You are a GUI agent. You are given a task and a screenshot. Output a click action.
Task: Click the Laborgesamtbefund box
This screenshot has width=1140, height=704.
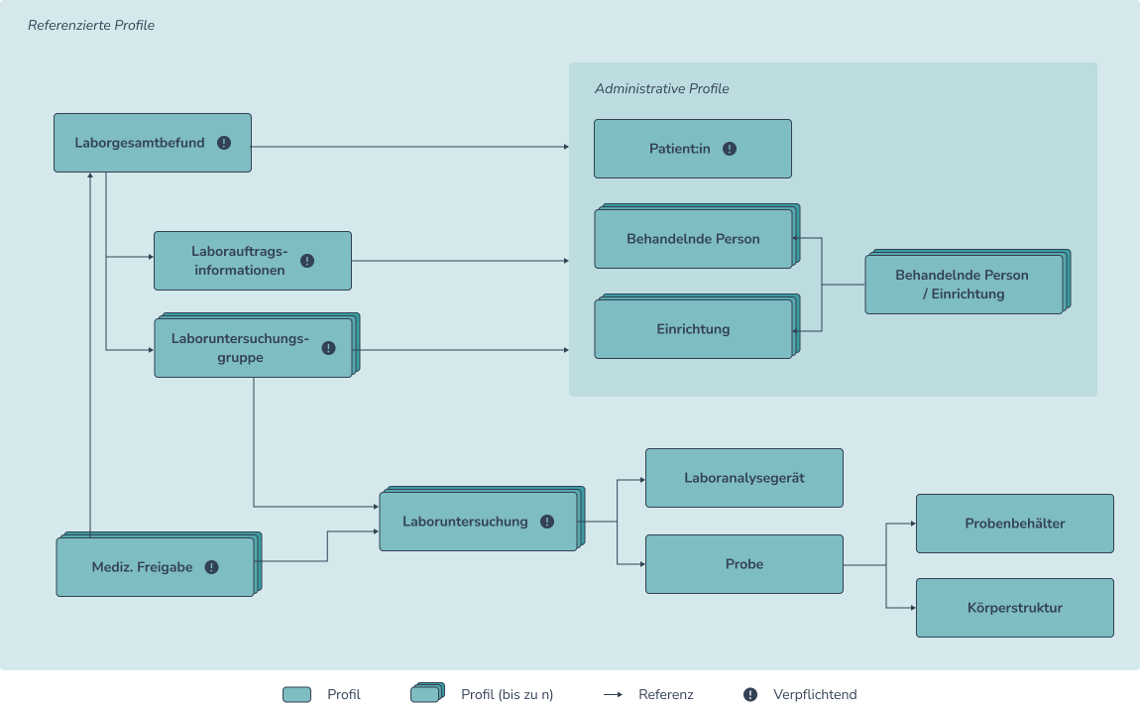152,143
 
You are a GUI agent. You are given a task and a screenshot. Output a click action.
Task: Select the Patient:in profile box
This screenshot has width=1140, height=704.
692,149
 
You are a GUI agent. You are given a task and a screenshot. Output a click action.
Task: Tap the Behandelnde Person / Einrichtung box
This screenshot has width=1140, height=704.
963,285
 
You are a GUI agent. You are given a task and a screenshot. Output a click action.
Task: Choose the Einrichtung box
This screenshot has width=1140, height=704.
693,329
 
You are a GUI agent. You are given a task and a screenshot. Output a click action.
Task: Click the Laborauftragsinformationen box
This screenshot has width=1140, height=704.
252,261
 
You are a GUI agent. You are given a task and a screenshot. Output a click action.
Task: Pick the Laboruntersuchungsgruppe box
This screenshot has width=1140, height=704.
253,347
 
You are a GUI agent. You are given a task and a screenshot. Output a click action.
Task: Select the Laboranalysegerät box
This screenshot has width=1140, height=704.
743,478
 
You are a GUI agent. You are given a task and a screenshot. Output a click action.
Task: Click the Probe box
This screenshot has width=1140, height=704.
743,564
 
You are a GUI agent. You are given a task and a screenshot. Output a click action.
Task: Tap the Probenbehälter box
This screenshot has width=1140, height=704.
1014,524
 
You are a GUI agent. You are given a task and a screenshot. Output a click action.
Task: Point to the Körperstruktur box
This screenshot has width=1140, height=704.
1014,608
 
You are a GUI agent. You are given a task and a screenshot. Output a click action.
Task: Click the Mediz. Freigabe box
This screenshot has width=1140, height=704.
155,567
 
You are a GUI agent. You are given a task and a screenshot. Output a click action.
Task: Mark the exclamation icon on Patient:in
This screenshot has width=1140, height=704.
730,149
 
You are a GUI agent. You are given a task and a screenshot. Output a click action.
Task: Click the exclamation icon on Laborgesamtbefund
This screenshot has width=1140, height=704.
224,143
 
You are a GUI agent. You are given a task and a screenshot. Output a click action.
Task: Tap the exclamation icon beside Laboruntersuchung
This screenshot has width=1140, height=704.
547,522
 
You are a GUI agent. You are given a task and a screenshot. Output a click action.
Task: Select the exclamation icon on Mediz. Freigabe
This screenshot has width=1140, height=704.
211,567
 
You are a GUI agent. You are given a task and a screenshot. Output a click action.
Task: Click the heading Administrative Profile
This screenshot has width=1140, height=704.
661,89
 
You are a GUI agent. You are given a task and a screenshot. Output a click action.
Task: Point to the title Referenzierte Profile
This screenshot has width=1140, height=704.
91,25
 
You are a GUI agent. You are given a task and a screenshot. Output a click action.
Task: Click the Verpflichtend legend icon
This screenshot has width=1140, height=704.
750,694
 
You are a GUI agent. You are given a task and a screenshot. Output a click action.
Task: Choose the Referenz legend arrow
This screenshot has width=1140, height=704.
613,694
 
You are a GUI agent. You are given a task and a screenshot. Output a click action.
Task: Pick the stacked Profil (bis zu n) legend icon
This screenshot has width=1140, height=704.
427,693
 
